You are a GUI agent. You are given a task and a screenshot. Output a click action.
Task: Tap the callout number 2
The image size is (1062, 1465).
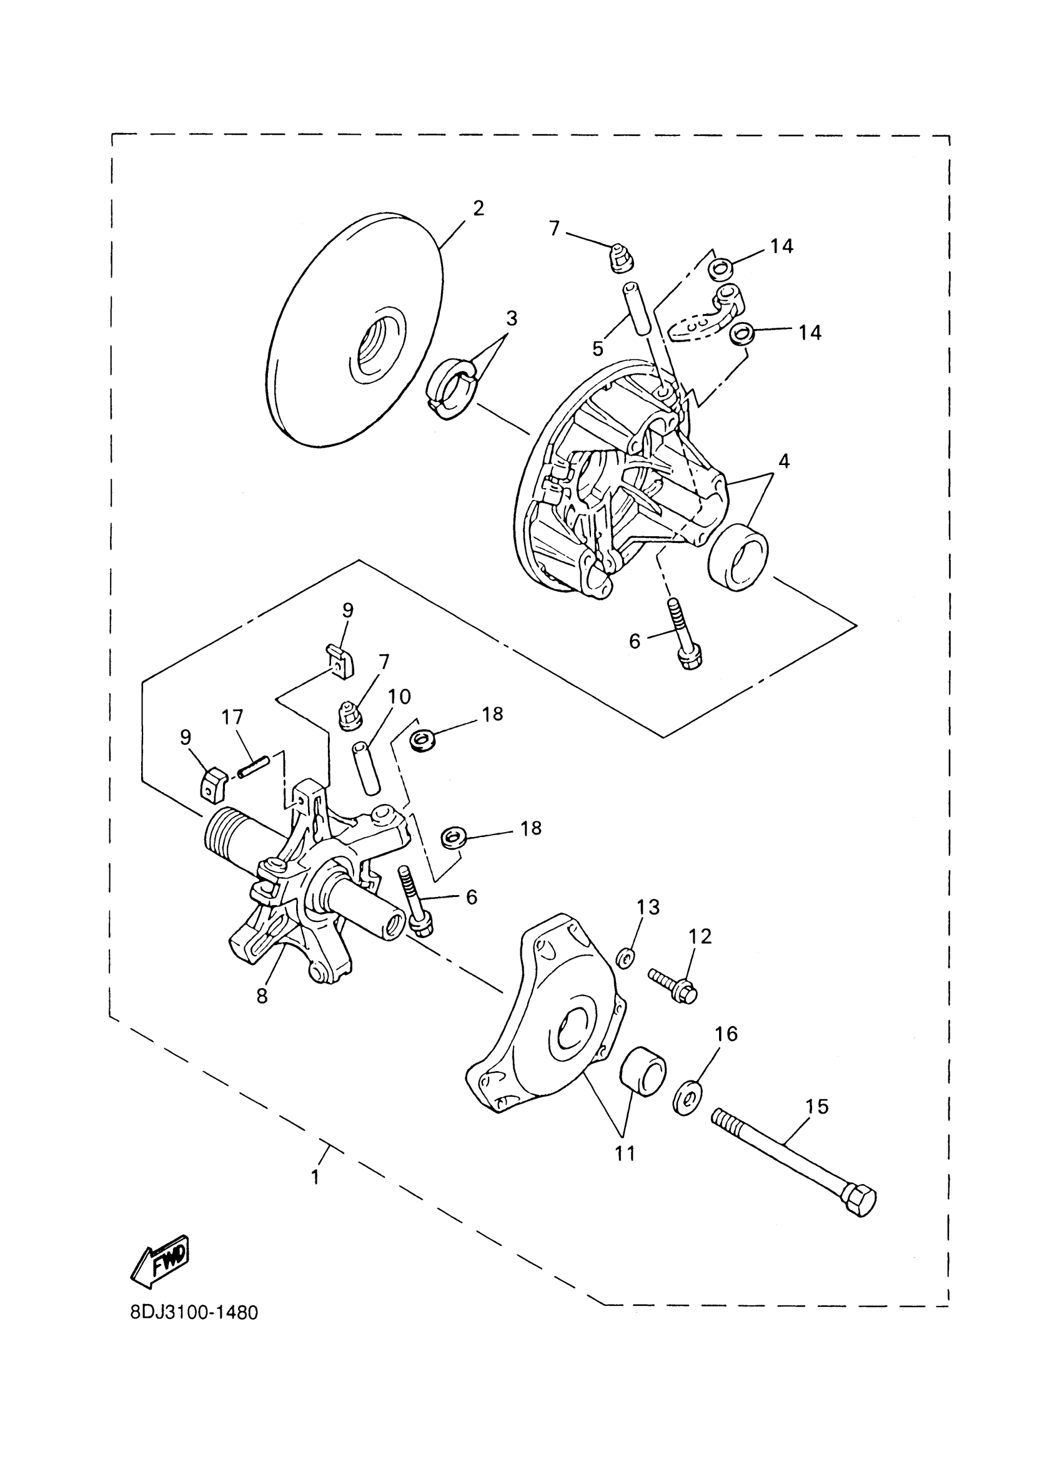(x=478, y=208)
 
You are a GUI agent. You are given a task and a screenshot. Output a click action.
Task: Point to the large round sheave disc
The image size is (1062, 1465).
(x=355, y=330)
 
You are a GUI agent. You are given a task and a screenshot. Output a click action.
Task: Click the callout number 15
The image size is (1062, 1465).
(x=817, y=1107)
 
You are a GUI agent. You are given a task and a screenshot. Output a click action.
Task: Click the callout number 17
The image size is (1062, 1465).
(x=232, y=717)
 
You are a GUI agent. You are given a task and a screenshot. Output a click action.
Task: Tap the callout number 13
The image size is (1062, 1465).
(x=648, y=907)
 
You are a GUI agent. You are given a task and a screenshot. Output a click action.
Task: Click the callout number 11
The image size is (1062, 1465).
(x=625, y=1152)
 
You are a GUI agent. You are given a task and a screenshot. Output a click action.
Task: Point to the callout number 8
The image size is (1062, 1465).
(x=262, y=996)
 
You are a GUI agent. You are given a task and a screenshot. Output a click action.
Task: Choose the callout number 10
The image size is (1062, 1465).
(x=399, y=697)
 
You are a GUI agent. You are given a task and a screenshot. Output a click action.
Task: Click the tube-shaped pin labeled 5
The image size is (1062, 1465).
(x=637, y=309)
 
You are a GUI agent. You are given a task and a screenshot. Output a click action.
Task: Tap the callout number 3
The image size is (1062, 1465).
(x=511, y=318)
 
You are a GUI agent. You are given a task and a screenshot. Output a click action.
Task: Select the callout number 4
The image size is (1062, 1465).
(x=783, y=461)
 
